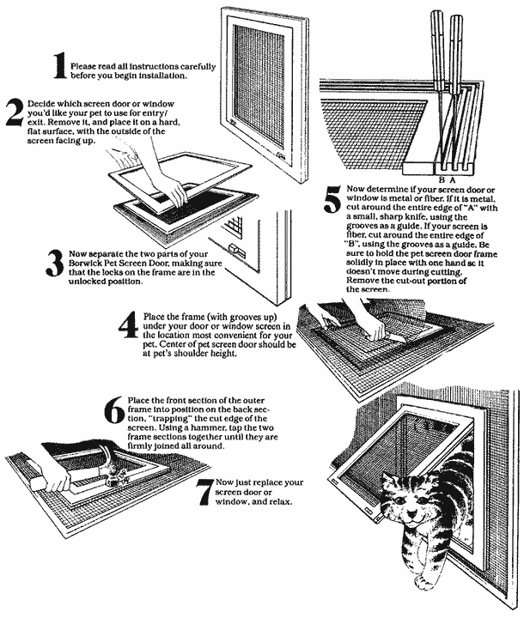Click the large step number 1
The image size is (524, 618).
58,67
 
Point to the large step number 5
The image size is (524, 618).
331,203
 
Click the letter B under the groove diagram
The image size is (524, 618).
441,179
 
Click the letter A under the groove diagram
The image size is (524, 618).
453,179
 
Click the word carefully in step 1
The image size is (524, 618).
198,65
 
